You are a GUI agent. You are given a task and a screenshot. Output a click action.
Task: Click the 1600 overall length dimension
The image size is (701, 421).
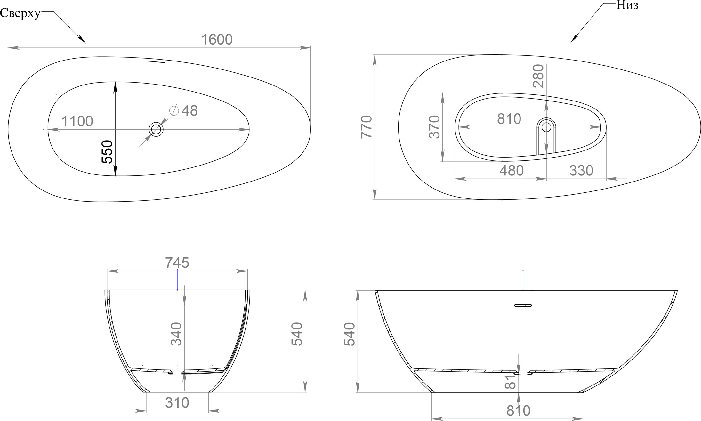coord(217,40)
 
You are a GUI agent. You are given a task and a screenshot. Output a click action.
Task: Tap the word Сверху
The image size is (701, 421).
coord(20,13)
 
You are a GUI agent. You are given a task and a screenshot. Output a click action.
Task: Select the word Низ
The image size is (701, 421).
coord(627,5)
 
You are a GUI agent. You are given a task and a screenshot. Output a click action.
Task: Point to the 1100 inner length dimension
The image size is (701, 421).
coord(77,121)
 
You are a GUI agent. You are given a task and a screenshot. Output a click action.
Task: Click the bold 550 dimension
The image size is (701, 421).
coord(108,152)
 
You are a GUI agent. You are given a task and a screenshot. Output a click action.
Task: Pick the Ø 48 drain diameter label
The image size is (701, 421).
coord(183,111)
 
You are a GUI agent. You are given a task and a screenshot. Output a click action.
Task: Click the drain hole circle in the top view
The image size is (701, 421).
coord(156,129)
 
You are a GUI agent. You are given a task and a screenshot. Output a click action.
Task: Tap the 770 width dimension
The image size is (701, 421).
coord(367,127)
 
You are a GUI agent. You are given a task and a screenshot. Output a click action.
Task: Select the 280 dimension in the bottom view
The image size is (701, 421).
coord(538,76)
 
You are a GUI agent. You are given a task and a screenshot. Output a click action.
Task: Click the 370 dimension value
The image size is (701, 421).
coord(434,127)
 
